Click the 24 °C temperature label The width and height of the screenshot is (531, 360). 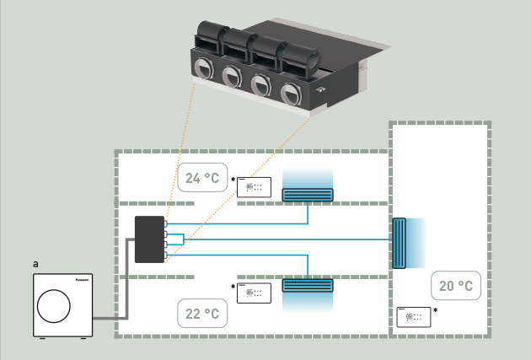click(202, 178)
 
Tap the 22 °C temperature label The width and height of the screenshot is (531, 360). click(202, 314)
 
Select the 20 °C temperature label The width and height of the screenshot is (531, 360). click(455, 287)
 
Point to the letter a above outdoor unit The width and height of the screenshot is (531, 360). click(35, 264)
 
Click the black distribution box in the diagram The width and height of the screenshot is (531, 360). click(150, 239)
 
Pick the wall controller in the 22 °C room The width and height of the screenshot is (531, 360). click(254, 293)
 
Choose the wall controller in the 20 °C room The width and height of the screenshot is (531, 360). click(413, 317)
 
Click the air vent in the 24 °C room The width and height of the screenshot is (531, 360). click(308, 195)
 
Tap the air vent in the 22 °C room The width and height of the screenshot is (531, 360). click(308, 285)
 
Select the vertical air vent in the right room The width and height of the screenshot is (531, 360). click(399, 243)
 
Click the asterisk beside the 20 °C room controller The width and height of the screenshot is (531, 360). click(435, 311)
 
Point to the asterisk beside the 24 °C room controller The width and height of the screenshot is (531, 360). click(232, 180)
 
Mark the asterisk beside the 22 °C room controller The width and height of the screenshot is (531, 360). click(232, 287)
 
